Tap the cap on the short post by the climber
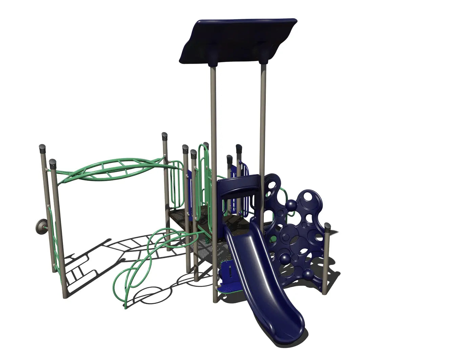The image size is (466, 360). [x=327, y=226]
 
